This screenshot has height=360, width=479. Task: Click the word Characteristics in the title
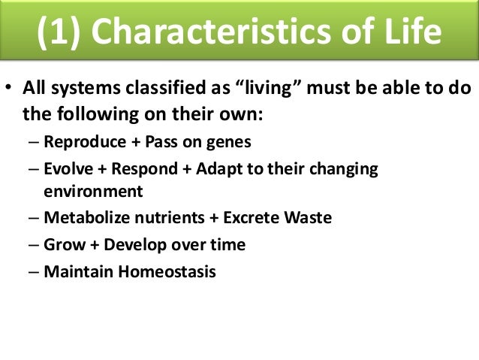(212, 31)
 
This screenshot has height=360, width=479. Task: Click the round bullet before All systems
(8, 87)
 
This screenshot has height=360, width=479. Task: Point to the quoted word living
(269, 88)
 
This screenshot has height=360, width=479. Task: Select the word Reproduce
(85, 141)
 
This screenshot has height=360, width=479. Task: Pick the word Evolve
(68, 168)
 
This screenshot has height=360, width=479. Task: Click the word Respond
(144, 169)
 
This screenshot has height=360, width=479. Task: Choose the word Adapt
(219, 169)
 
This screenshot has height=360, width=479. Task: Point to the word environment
(93, 192)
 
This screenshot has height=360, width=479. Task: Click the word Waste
(308, 217)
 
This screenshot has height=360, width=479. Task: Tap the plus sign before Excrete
(214, 218)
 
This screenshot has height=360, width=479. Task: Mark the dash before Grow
(33, 245)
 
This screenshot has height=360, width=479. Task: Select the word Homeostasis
(167, 271)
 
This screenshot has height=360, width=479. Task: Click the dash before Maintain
(33, 272)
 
